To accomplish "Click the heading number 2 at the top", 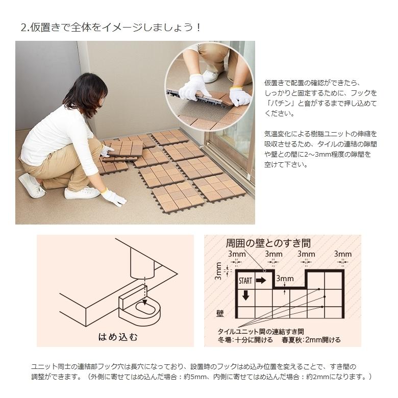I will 23,28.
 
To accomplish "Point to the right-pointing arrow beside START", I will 261,280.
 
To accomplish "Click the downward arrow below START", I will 245,295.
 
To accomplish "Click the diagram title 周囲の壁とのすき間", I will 268,243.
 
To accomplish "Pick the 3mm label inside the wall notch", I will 285,279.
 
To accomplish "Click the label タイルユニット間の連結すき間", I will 261,331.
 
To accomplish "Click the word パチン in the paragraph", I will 278,103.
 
